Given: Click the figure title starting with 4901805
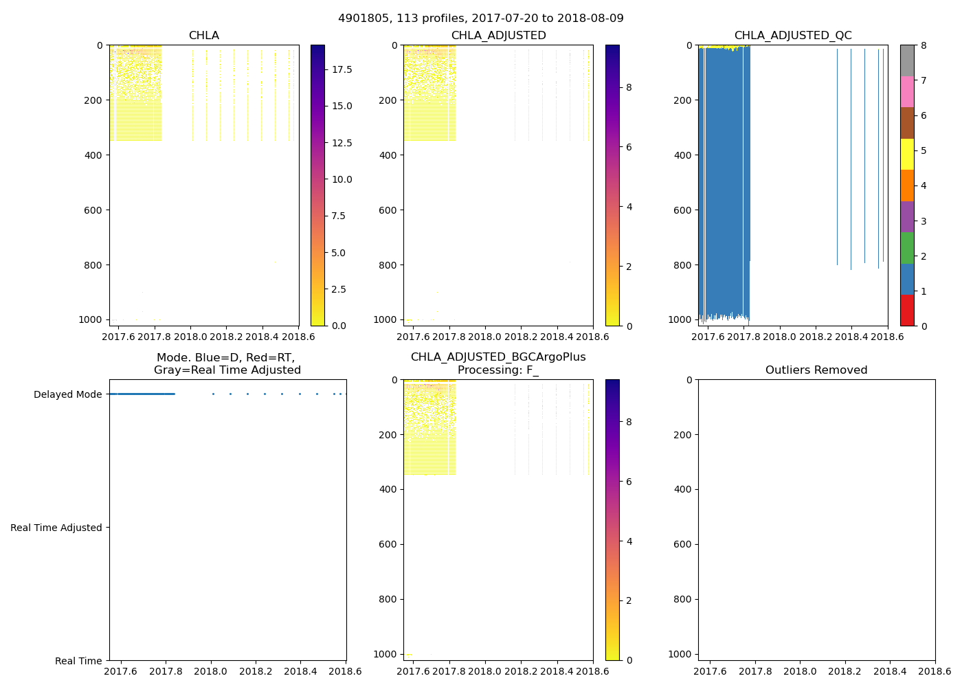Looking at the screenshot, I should pyautogui.click(x=480, y=19).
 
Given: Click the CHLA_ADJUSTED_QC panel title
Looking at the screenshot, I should pyautogui.click(x=792, y=36).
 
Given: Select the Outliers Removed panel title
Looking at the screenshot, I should pyautogui.click(x=816, y=370).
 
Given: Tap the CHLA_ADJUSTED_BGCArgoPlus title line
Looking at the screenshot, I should pyautogui.click(x=497, y=357).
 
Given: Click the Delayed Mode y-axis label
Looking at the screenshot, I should pyautogui.click(x=67, y=394).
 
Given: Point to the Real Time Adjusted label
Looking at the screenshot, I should pyautogui.click(x=56, y=528).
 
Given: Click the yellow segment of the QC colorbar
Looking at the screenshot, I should pyautogui.click(x=907, y=154).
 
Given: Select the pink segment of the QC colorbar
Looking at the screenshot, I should pyautogui.click(x=907, y=91).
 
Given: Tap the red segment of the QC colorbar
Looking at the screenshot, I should pyautogui.click(x=907, y=310).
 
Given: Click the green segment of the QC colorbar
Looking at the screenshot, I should pyautogui.click(x=907, y=247).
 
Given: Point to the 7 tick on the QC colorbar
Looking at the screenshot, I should pyautogui.click(x=924, y=80).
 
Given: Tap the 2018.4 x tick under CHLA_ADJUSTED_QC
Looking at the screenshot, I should pyautogui.click(x=851, y=337).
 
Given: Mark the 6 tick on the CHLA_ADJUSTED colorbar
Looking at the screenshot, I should pyautogui.click(x=628, y=147).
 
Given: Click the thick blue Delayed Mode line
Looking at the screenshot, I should pyautogui.click(x=144, y=394).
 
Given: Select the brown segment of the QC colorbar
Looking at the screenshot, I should pyautogui.click(x=907, y=123).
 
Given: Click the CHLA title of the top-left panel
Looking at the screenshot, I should pyautogui.click(x=203, y=36).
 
